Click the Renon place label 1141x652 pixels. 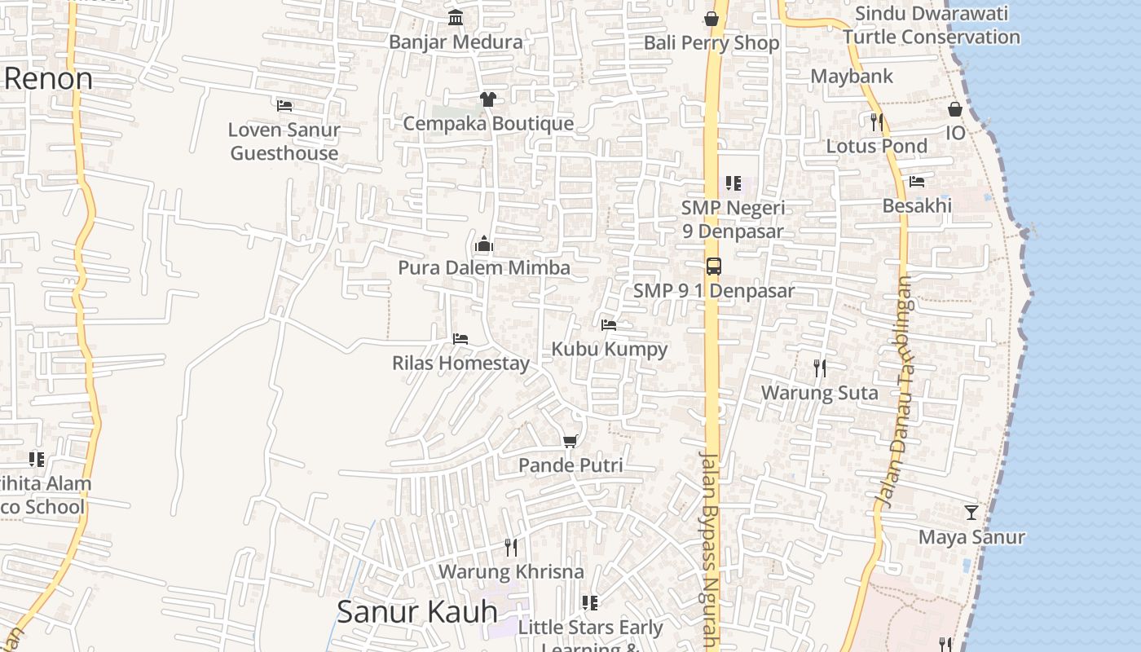tap(49, 79)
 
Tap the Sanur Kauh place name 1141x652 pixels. tap(416, 611)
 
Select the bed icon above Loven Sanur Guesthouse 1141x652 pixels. tap(284, 105)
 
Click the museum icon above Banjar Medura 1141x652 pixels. tap(456, 18)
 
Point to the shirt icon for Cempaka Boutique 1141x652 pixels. tap(487, 99)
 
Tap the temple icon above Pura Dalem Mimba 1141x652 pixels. tap(484, 244)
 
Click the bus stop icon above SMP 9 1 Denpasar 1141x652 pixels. tap(713, 267)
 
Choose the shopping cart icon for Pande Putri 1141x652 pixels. tap(570, 441)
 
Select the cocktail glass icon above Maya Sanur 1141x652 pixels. tap(971, 513)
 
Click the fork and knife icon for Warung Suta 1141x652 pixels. tap(820, 368)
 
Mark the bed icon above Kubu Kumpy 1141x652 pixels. tap(609, 325)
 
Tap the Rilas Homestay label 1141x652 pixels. tap(460, 363)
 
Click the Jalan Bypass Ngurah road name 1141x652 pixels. tap(711, 549)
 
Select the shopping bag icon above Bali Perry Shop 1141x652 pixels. tap(711, 19)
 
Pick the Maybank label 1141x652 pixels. tap(852, 77)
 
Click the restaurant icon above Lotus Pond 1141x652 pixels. tap(876, 122)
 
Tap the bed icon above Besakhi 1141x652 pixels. tap(917, 181)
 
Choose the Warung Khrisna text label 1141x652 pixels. tap(511, 572)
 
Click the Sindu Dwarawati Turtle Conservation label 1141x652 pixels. tap(932, 25)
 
